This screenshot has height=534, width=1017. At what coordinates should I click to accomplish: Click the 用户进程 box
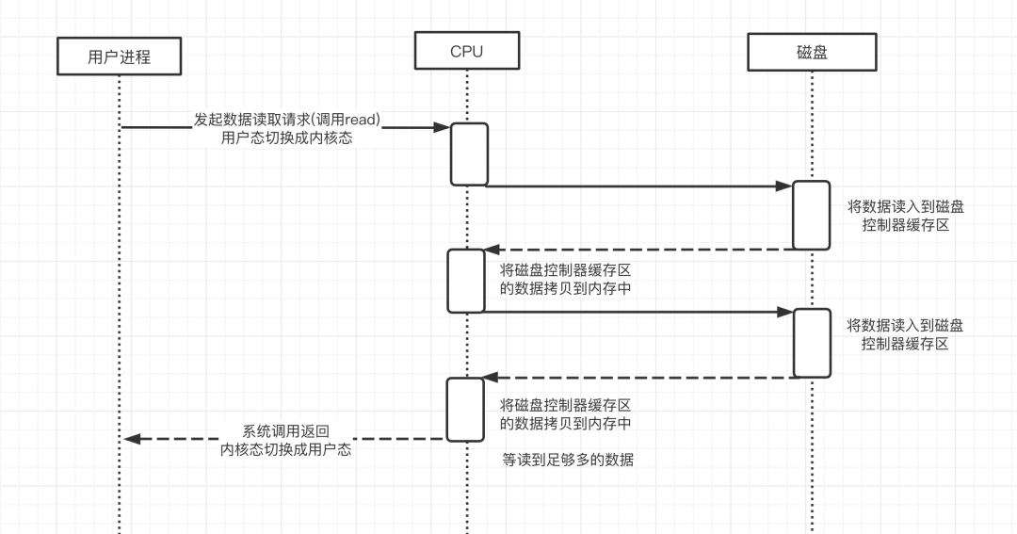pos(119,57)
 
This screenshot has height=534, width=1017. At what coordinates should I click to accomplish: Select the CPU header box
pos(466,51)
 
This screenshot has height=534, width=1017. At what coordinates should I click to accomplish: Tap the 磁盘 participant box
pos(811,52)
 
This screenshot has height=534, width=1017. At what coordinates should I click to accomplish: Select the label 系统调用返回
pos(286,430)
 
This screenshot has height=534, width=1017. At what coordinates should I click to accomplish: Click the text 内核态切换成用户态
pos(286,449)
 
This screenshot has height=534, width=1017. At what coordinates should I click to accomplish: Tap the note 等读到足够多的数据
pos(568,460)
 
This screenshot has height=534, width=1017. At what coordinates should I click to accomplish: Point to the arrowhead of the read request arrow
pos(442,127)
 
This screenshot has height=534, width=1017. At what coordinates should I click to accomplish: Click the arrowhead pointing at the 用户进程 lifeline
pos(133,438)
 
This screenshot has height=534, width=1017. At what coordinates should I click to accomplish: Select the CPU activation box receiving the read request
pos(469,154)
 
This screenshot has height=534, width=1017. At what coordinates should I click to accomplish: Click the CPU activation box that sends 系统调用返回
pos(465,409)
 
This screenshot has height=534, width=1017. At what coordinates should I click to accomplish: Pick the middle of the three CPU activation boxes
pos(465,281)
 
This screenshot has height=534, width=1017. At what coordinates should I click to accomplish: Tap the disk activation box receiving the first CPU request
pos(811,215)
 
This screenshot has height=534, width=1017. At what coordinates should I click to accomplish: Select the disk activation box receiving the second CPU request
pos(811,343)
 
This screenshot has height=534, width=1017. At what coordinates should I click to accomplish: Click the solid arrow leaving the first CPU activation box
pos(640,186)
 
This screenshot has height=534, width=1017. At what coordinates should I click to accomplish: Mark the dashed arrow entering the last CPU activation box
pos(640,378)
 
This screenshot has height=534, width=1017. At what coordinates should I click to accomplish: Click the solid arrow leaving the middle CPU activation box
pos(640,313)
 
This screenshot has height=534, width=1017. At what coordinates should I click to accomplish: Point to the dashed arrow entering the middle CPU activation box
pos(640,250)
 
